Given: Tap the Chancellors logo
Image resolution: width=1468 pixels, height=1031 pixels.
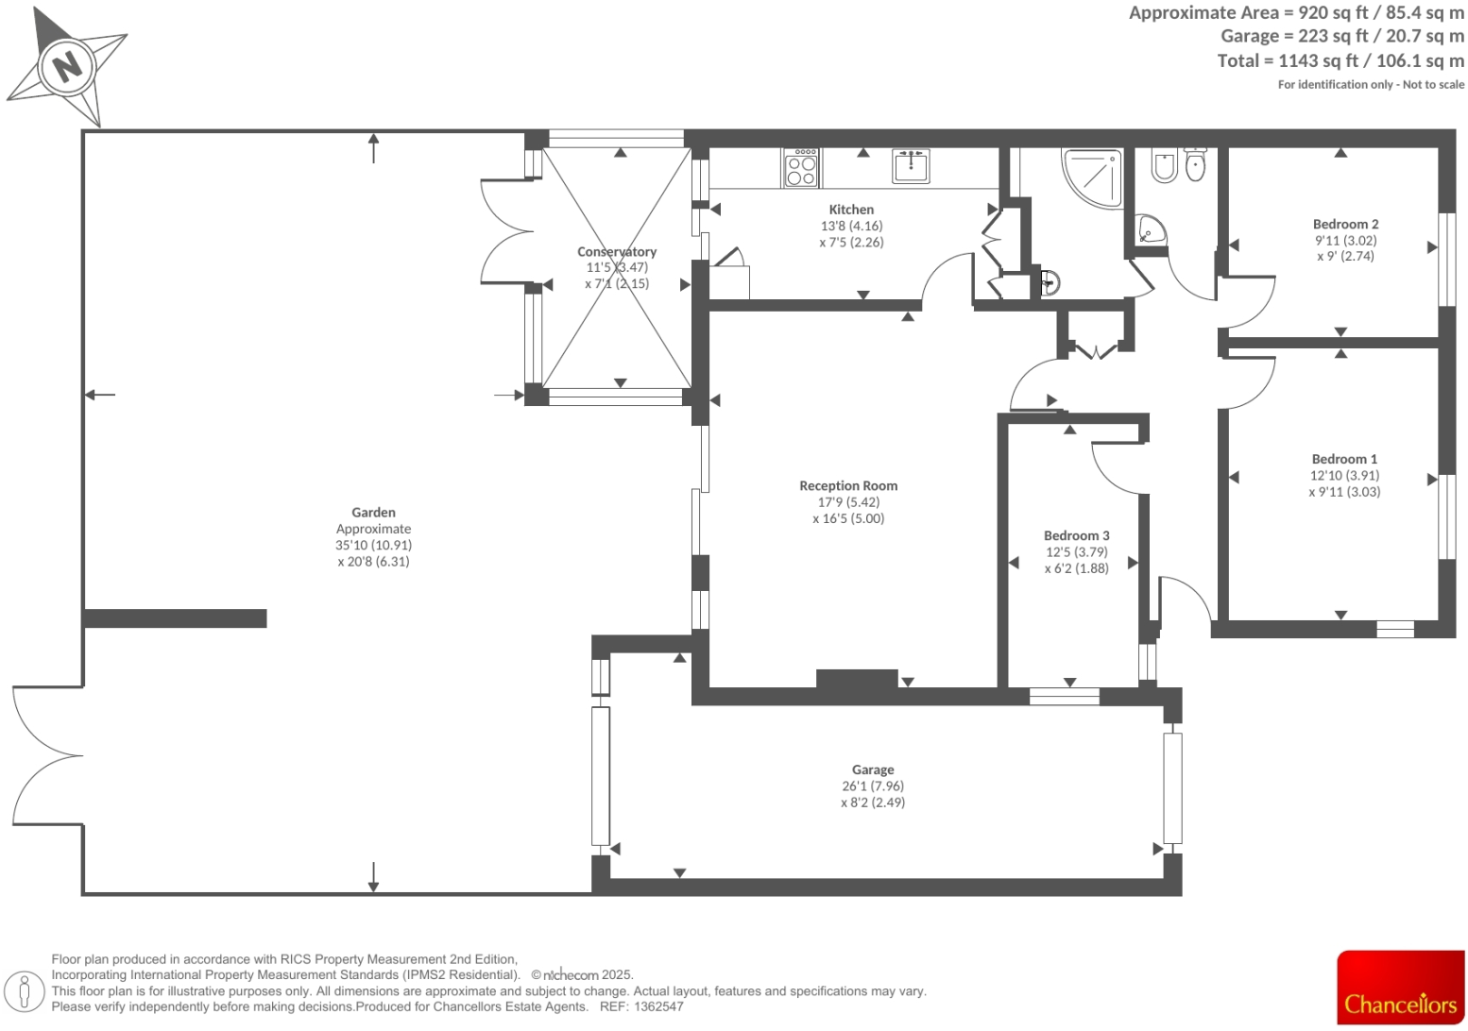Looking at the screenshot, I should click(1400, 988).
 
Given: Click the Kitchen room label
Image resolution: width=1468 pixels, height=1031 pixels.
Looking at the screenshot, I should click(851, 210).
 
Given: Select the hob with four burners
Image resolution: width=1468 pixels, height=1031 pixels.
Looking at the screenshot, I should click(801, 169).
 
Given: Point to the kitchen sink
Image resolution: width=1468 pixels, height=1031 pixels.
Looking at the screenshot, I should click(912, 166).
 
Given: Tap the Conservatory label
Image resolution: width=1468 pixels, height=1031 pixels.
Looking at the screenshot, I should click(617, 251).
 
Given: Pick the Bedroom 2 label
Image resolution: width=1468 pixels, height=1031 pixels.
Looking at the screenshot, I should click(1345, 224).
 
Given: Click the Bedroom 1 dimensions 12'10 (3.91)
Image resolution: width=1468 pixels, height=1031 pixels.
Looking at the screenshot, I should click(1344, 475).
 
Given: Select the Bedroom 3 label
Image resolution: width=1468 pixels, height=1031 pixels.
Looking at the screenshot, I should click(1076, 535).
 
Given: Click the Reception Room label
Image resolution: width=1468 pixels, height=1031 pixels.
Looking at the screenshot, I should click(848, 485).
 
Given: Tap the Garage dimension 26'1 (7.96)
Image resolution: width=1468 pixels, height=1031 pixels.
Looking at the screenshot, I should click(872, 786).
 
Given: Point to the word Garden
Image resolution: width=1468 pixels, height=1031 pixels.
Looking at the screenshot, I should click(373, 512).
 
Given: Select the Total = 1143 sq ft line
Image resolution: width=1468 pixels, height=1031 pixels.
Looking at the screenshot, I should click(1340, 60).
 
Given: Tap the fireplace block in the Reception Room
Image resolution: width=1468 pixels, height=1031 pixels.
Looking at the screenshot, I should click(856, 678).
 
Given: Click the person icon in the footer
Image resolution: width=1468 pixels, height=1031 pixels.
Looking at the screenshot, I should click(26, 991).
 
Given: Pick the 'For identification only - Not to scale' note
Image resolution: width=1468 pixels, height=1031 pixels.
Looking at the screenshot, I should click(1371, 84).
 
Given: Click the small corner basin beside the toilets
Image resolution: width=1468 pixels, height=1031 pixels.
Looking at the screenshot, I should click(1150, 229).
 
